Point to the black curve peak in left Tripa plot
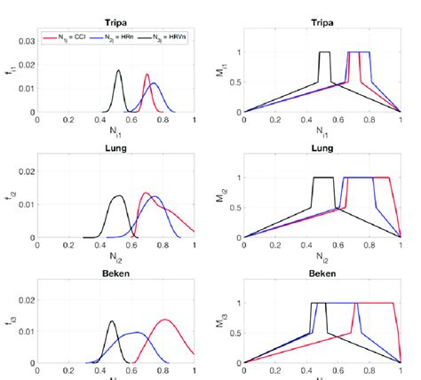pyautogui.click(x=118, y=71)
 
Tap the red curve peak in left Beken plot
pyautogui.click(x=164, y=320)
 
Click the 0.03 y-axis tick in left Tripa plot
pyautogui.click(x=25, y=41)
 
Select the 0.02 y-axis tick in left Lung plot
pyautogui.click(x=25, y=170)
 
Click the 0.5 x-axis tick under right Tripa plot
pyautogui.click(x=322, y=121)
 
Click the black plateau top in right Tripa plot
pyautogui.click(x=324, y=52)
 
